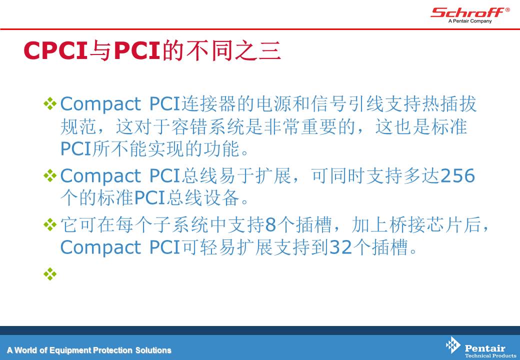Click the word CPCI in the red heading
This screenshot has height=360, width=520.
55,50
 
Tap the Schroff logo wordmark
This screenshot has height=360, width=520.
467,12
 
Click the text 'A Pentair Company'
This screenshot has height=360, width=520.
470,21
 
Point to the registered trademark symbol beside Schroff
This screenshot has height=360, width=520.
507,10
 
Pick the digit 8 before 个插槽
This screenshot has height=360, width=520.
270,224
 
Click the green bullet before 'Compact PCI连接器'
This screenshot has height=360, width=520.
50,103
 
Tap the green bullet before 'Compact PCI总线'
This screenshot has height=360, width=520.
50,175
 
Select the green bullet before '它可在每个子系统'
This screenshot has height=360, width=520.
50,225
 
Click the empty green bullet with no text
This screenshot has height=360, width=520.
50,274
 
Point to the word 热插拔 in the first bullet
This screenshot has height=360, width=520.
449,104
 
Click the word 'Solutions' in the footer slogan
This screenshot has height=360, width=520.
153,350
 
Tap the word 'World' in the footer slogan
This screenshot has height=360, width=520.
26,350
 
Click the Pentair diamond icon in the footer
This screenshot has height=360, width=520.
452,345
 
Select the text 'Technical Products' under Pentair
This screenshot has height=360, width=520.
490,355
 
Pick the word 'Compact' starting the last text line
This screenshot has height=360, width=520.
101,247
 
